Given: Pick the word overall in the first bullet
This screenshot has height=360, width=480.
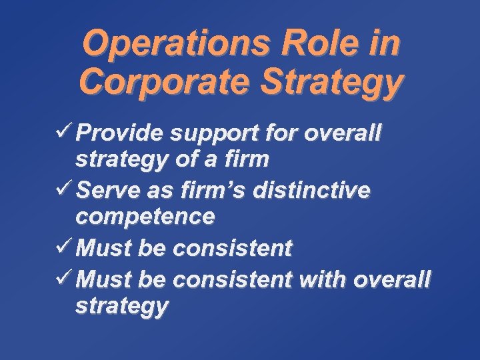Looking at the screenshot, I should click(342, 133).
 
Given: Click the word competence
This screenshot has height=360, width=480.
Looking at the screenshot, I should click(145, 217).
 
